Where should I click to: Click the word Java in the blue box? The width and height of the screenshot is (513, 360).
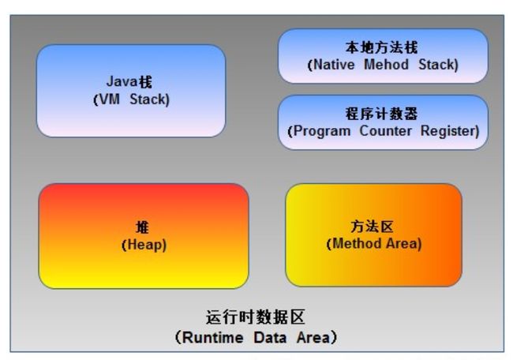(x=122, y=81)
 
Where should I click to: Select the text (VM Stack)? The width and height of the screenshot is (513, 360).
(x=131, y=99)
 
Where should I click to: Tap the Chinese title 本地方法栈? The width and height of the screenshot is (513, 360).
(x=381, y=47)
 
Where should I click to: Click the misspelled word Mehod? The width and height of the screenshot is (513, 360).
(x=386, y=65)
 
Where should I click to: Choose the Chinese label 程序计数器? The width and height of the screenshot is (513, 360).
(x=381, y=114)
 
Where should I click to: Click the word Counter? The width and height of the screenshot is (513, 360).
(x=385, y=131)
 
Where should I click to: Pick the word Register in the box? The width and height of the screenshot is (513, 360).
(x=450, y=131)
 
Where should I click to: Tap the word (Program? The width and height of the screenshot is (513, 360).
(x=319, y=132)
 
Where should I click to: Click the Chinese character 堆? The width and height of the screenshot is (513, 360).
(x=143, y=227)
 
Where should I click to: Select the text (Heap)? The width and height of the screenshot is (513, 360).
(x=144, y=245)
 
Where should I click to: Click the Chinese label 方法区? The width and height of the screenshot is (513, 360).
(x=372, y=227)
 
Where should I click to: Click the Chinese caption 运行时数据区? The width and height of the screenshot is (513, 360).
(x=256, y=317)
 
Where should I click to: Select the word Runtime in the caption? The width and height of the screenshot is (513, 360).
(x=212, y=337)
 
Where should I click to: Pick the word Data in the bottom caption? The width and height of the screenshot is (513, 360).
(x=270, y=337)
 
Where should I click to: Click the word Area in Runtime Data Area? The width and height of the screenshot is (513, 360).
(x=313, y=337)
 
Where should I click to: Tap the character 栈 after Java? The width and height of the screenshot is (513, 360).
(x=145, y=81)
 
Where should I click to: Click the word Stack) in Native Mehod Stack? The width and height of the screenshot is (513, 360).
(x=438, y=65)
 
